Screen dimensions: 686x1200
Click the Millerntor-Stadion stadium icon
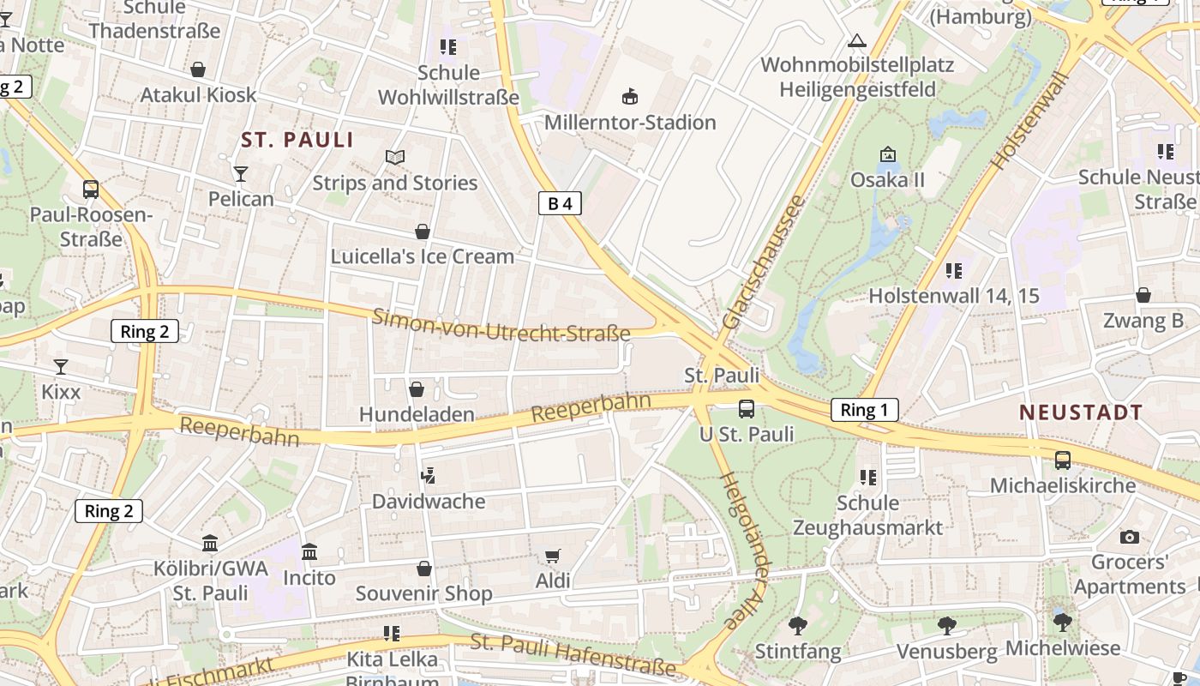[630, 94]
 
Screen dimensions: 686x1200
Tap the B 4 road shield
[560, 203]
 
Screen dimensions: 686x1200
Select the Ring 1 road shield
[864, 410]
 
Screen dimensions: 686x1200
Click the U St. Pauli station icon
[747, 409]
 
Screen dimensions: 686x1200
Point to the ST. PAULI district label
[297, 140]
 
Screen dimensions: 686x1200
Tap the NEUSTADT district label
[1081, 412]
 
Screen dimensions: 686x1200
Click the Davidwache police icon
[429, 475]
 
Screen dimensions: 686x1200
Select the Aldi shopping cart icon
[553, 557]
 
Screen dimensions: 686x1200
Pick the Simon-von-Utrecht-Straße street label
[501, 326]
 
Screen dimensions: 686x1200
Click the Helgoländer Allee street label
[743, 551]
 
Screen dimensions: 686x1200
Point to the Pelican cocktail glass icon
[241, 174]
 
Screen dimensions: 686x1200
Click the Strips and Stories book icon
[394, 157]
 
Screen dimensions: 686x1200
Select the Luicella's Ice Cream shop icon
[423, 232]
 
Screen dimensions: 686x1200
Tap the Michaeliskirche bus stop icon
[1063, 460]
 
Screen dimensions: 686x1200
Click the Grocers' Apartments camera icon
[1130, 538]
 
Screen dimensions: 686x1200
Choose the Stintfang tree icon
[798, 626]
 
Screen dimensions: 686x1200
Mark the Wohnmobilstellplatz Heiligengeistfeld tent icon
[856, 40]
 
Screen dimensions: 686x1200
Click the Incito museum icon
[309, 551]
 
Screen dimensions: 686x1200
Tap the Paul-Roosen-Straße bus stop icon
[90, 190]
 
